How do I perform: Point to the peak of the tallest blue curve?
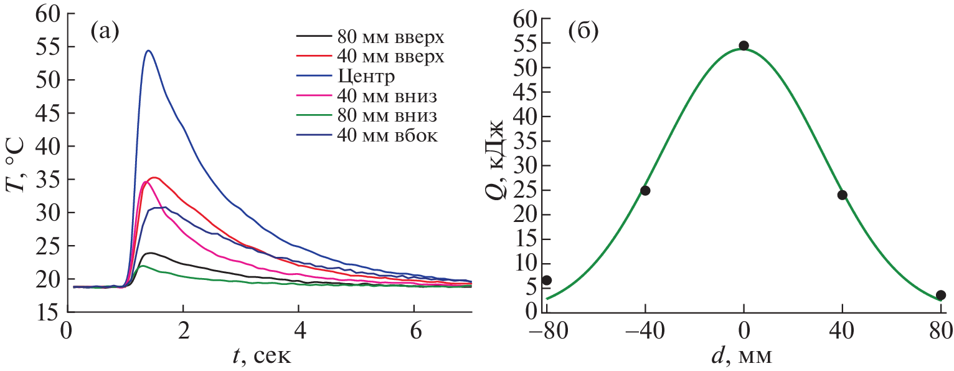tap(148, 51)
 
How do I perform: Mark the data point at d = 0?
tap(744, 46)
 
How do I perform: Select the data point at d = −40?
tap(645, 190)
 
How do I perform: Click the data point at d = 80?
tap(940, 295)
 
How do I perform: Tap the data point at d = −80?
tap(547, 280)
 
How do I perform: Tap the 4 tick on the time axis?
tap(299, 329)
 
